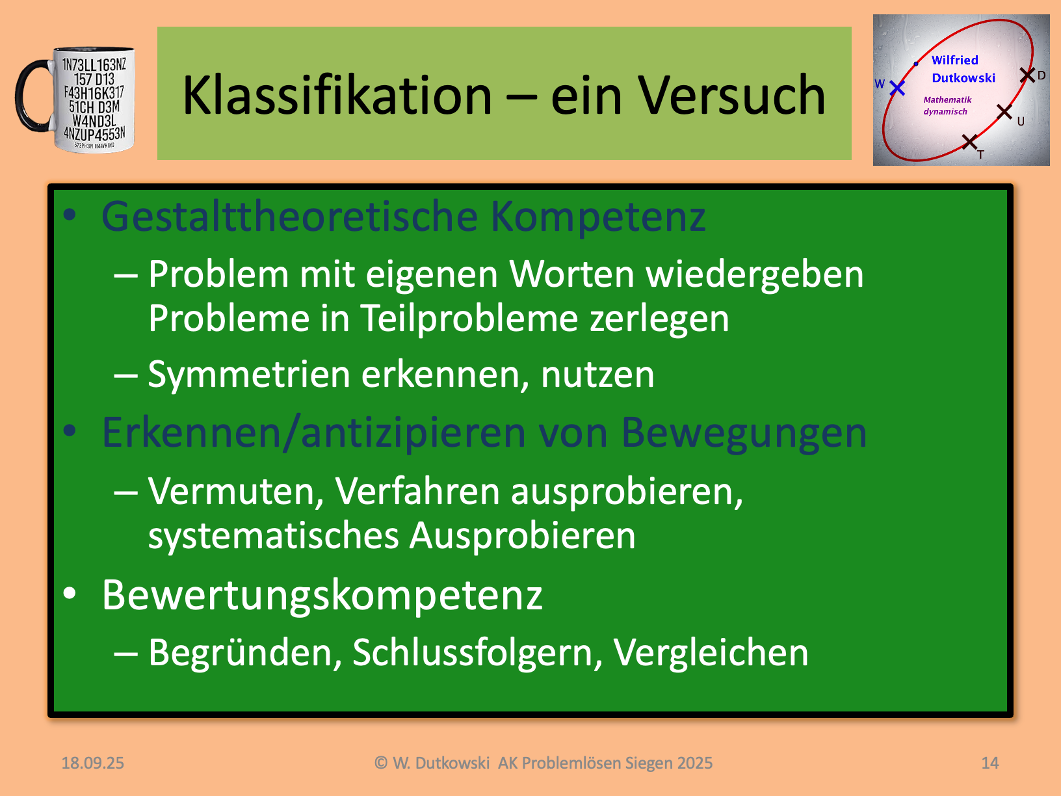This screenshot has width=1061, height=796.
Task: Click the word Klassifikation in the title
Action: [337, 95]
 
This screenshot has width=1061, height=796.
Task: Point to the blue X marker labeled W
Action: [897, 88]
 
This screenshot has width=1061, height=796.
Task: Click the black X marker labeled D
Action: [1027, 75]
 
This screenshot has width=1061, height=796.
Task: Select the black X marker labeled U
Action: [1004, 112]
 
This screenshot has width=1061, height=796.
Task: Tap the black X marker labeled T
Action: [969, 142]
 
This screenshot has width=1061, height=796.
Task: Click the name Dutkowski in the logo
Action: [963, 78]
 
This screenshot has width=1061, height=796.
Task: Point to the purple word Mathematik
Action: [947, 99]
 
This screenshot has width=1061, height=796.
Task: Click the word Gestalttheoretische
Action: [289, 217]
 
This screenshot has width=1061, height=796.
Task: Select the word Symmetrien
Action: [249, 375]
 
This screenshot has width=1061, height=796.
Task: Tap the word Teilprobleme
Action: [469, 319]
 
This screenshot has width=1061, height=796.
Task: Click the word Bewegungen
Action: [744, 434]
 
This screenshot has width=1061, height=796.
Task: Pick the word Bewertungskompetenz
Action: [322, 596]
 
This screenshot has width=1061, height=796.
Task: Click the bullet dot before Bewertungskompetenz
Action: [70, 593]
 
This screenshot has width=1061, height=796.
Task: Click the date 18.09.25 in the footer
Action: [93, 763]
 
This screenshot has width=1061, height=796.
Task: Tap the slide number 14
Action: [990, 763]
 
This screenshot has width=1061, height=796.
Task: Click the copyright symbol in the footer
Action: [381, 763]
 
